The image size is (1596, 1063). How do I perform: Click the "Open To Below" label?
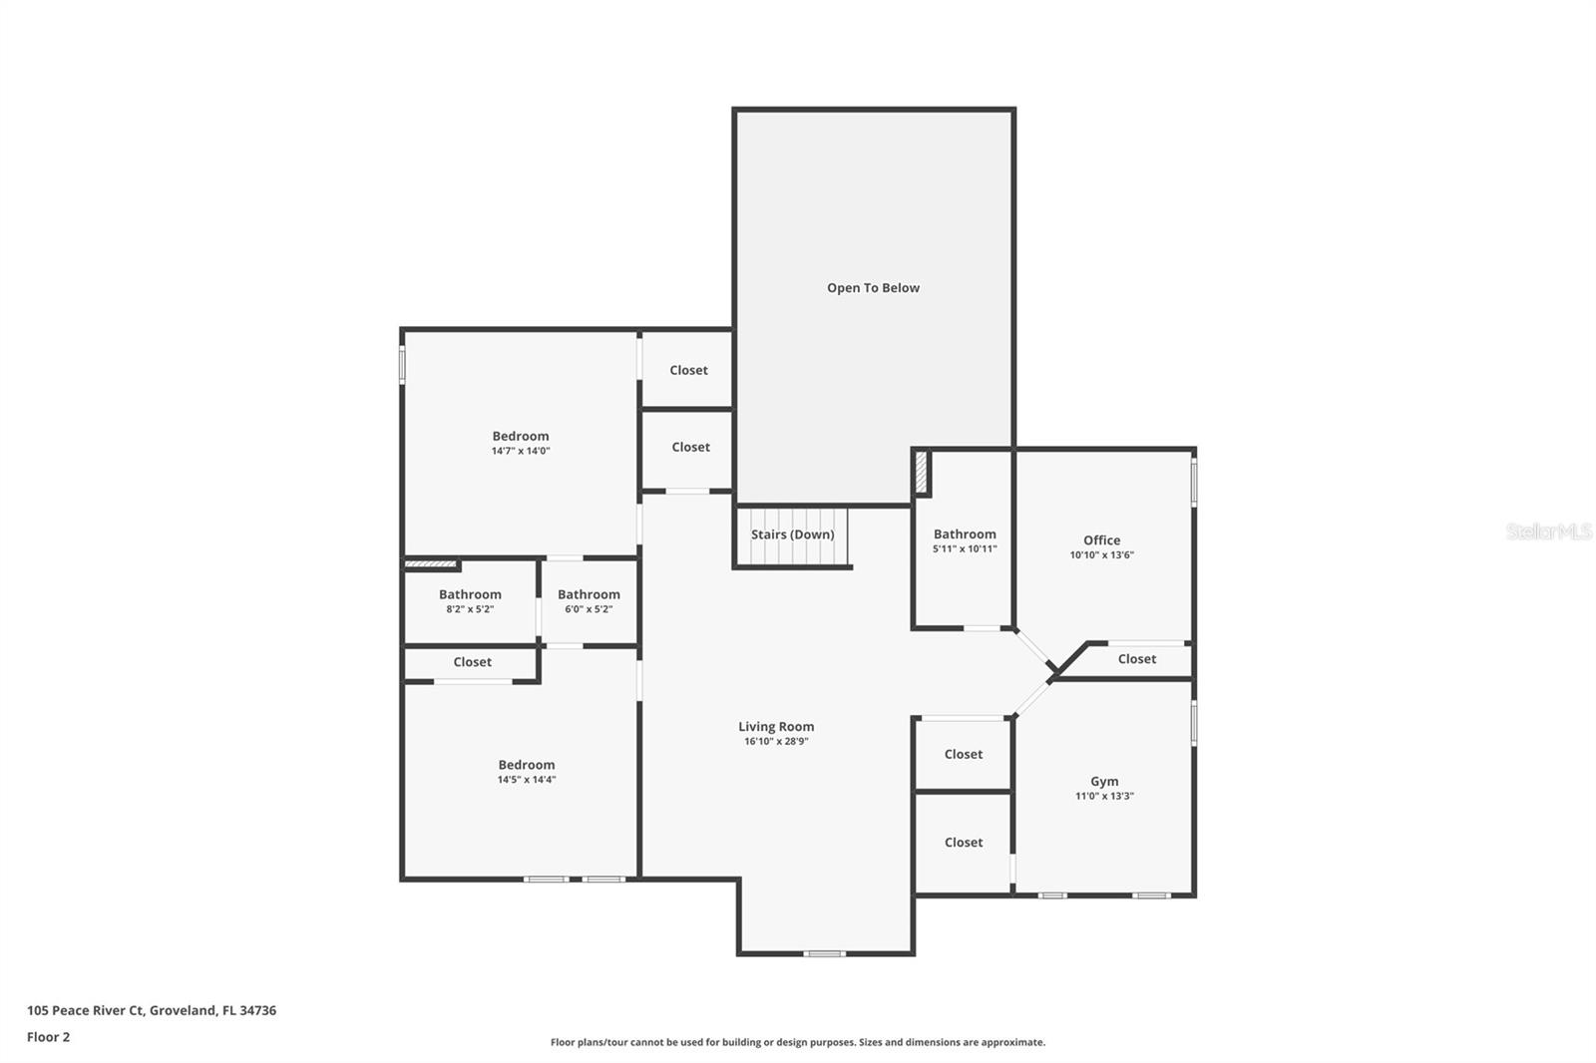[x=873, y=288]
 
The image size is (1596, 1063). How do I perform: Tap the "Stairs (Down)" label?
[x=792, y=534]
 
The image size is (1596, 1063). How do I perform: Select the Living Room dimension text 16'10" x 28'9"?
[x=776, y=742]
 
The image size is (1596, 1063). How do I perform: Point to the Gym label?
[x=1103, y=782]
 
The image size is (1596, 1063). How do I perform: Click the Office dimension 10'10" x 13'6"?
[x=1101, y=555]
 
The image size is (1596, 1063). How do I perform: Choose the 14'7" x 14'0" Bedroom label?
[x=520, y=436]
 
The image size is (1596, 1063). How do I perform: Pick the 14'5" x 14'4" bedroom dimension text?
[x=527, y=780]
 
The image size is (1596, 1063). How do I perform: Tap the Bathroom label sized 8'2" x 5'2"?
[x=470, y=594]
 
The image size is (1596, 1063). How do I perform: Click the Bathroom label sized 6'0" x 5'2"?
[x=589, y=594]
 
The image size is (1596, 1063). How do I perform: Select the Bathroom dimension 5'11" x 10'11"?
[x=965, y=549]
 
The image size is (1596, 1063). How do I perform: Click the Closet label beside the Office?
[x=1136, y=659]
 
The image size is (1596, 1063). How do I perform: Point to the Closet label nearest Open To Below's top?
[x=688, y=371]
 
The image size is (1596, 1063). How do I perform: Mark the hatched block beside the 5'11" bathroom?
[x=921, y=473]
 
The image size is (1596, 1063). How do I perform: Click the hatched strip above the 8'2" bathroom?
[x=430, y=564]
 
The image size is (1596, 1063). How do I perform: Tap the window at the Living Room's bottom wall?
[x=824, y=953]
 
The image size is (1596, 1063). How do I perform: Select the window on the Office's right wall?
[x=1193, y=483]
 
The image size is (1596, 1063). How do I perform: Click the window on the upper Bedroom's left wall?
[x=402, y=365]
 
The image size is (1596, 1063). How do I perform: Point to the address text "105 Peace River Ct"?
[x=86, y=1010]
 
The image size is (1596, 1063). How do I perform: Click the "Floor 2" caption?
[x=49, y=1037]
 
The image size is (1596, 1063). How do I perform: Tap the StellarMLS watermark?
[x=1548, y=531]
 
